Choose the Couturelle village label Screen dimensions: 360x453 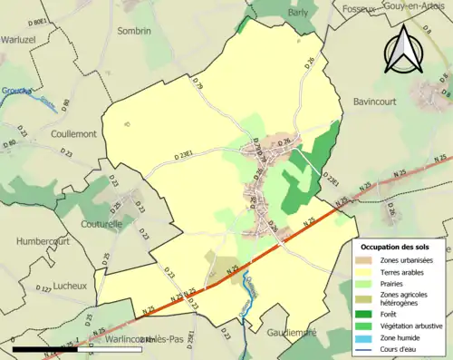(101, 222)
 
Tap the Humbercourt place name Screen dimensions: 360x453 (44, 241)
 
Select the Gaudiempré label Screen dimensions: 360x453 (289, 333)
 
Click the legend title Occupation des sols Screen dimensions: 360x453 (395, 247)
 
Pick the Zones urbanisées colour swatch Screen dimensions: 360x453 (364, 260)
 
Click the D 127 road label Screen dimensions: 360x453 (43, 289)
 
